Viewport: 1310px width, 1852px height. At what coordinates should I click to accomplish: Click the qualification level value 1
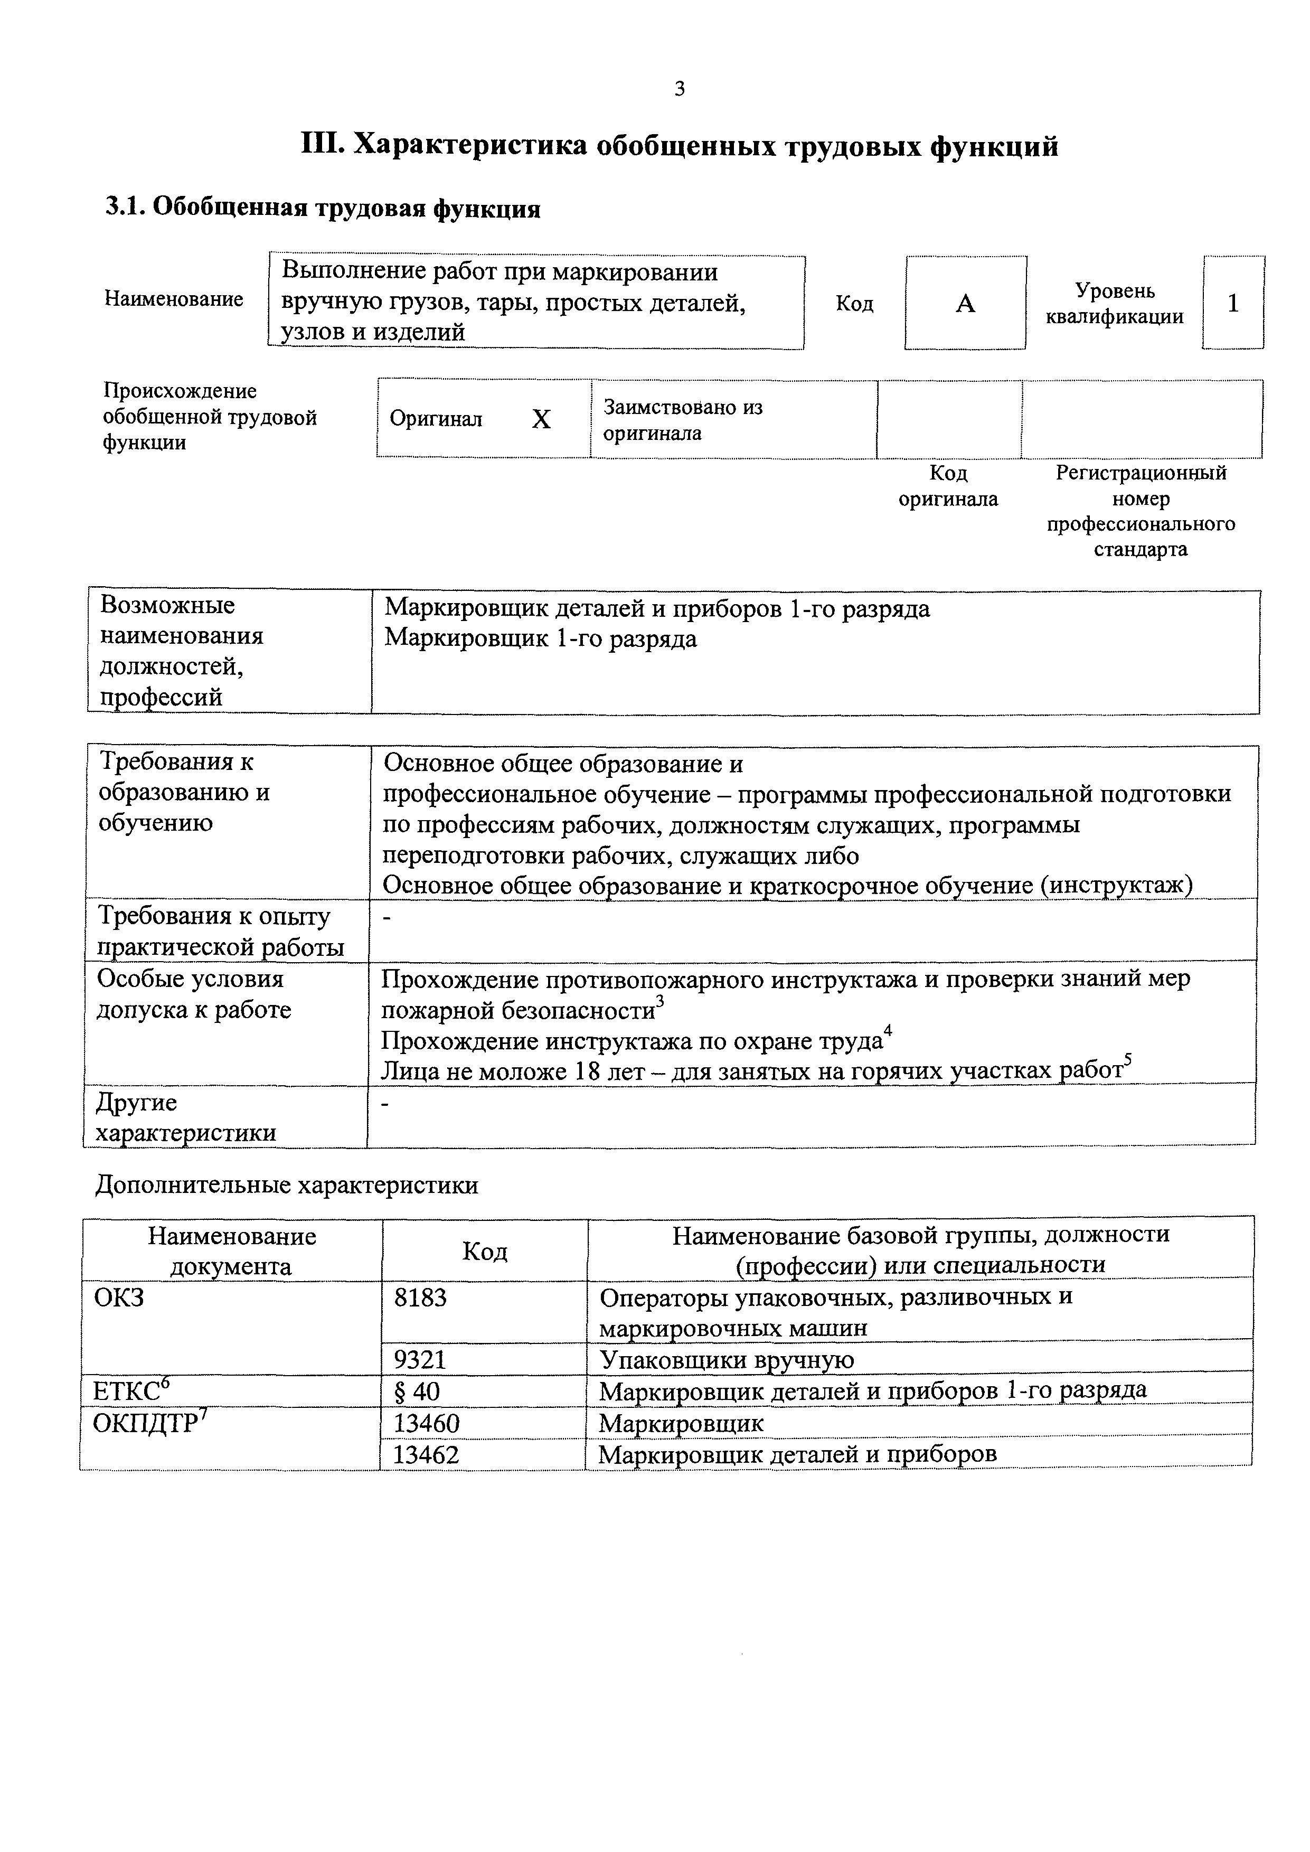[1232, 303]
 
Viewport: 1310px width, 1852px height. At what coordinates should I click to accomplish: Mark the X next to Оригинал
[541, 419]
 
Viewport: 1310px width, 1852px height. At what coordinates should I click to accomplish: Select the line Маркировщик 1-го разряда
[541, 639]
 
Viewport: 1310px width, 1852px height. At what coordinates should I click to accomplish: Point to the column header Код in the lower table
[484, 1251]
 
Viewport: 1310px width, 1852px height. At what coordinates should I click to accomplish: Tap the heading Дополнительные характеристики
[286, 1185]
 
